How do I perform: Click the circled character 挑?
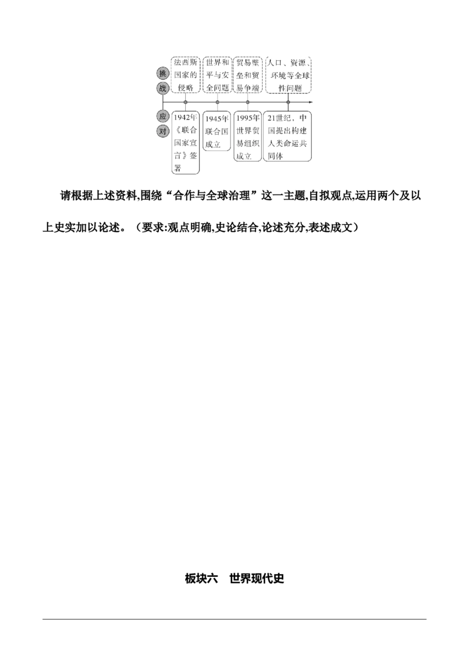pyautogui.click(x=163, y=74)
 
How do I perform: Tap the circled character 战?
pyautogui.click(x=163, y=88)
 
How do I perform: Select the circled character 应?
pyautogui.click(x=163, y=117)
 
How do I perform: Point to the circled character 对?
pyautogui.click(x=163, y=131)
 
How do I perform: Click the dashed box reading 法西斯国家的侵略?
pyautogui.click(x=185, y=75)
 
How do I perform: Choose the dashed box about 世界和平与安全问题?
pyautogui.click(x=217, y=75)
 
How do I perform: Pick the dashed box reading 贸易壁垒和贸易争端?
pyautogui.click(x=247, y=75)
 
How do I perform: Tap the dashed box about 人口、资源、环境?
pyautogui.click(x=288, y=75)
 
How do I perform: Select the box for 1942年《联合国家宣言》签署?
pyautogui.click(x=185, y=142)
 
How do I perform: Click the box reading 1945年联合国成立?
pyautogui.click(x=217, y=131)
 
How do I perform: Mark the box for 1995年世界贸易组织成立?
pyautogui.click(x=247, y=136)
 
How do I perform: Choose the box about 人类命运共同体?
pyautogui.click(x=288, y=136)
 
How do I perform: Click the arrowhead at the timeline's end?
pyautogui.click(x=311, y=102)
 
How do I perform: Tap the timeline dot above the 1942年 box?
pyautogui.click(x=185, y=102)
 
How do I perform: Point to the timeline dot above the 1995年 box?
pyautogui.click(x=247, y=102)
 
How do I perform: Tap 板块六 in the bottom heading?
pyautogui.click(x=201, y=578)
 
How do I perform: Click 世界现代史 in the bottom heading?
pyautogui.click(x=257, y=578)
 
